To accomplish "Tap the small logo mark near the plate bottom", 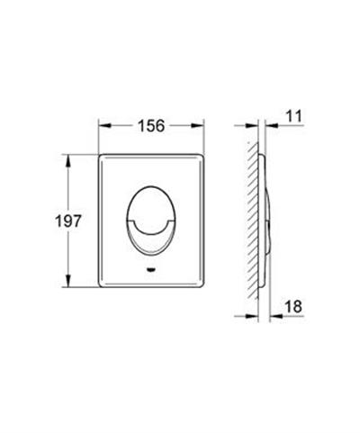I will (x=148, y=269).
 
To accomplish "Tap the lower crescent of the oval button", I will (x=148, y=236).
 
